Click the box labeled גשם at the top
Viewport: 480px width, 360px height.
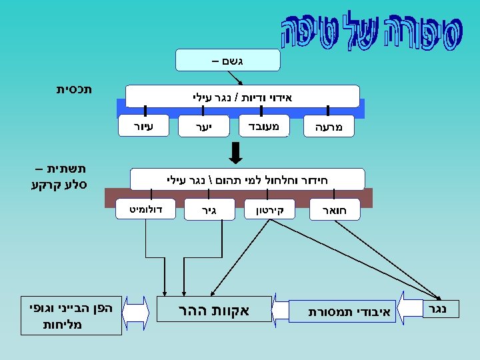(227, 59)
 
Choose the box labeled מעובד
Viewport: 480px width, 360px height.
(263, 125)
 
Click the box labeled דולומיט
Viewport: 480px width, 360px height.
(145, 209)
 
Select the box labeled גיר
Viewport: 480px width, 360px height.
(209, 209)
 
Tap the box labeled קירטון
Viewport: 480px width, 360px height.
(269, 209)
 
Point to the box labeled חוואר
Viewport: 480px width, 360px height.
(335, 209)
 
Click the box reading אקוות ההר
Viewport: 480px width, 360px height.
(213, 310)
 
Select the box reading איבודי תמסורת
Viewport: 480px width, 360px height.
(343, 311)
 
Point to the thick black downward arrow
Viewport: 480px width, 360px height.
(235, 153)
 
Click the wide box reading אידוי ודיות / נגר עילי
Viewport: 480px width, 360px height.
(242, 96)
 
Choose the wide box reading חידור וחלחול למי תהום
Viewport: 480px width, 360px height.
(247, 179)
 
